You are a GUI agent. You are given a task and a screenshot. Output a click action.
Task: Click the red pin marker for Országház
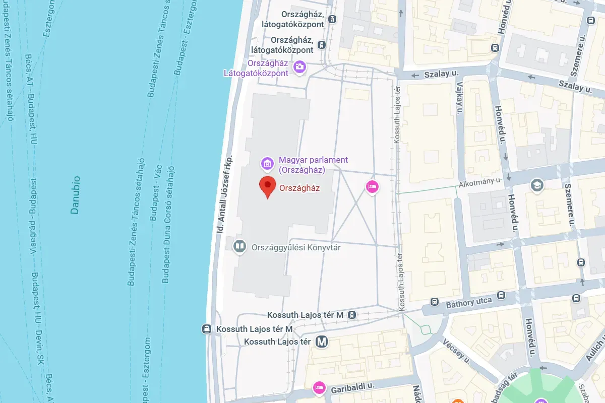click(x=267, y=187)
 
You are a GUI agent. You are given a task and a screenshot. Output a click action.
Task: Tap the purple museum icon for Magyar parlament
click(x=267, y=163)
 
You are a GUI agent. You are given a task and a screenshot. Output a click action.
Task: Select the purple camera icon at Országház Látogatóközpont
click(x=299, y=66)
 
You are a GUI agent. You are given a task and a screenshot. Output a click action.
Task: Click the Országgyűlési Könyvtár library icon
click(x=239, y=246)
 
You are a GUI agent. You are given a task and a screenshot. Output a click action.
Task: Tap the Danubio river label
click(x=75, y=195)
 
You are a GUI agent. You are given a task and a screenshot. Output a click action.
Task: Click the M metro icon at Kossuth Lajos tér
click(x=322, y=342)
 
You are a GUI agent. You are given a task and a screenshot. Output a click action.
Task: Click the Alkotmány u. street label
click(x=480, y=182)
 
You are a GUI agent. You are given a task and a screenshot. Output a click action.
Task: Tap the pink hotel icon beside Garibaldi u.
click(x=319, y=387)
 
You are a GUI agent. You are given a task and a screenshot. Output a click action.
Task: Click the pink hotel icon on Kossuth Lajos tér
click(x=372, y=187)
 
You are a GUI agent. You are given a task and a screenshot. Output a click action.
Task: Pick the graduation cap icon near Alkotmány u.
click(x=537, y=186)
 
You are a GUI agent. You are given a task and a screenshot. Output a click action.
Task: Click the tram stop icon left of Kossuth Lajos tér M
click(x=206, y=329)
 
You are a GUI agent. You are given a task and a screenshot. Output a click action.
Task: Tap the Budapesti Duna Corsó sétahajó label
click(x=168, y=224)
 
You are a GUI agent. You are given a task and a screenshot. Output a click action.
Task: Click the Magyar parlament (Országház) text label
click(x=313, y=164)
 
